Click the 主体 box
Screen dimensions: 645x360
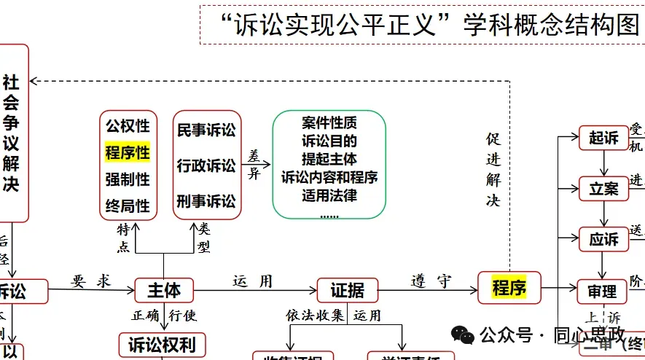tap(163, 290)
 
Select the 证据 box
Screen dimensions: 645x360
tap(347, 290)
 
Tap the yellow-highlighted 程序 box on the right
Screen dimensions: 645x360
tap(509, 287)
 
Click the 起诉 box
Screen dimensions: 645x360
tap(603, 138)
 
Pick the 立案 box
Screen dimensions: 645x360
tap(603, 189)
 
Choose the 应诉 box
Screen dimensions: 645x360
tap(603, 240)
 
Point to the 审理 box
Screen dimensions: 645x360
tap(602, 291)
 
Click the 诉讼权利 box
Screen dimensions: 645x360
tap(163, 344)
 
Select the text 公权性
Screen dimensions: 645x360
tap(128, 125)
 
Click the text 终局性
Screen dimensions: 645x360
tap(128, 206)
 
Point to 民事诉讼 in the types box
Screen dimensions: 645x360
tap(206, 130)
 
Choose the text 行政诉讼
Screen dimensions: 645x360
tap(206, 165)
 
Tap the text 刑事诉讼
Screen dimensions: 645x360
tap(206, 200)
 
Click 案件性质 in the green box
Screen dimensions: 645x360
tap(329, 122)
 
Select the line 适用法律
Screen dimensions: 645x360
tap(329, 195)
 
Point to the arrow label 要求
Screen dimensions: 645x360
tap(92, 281)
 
